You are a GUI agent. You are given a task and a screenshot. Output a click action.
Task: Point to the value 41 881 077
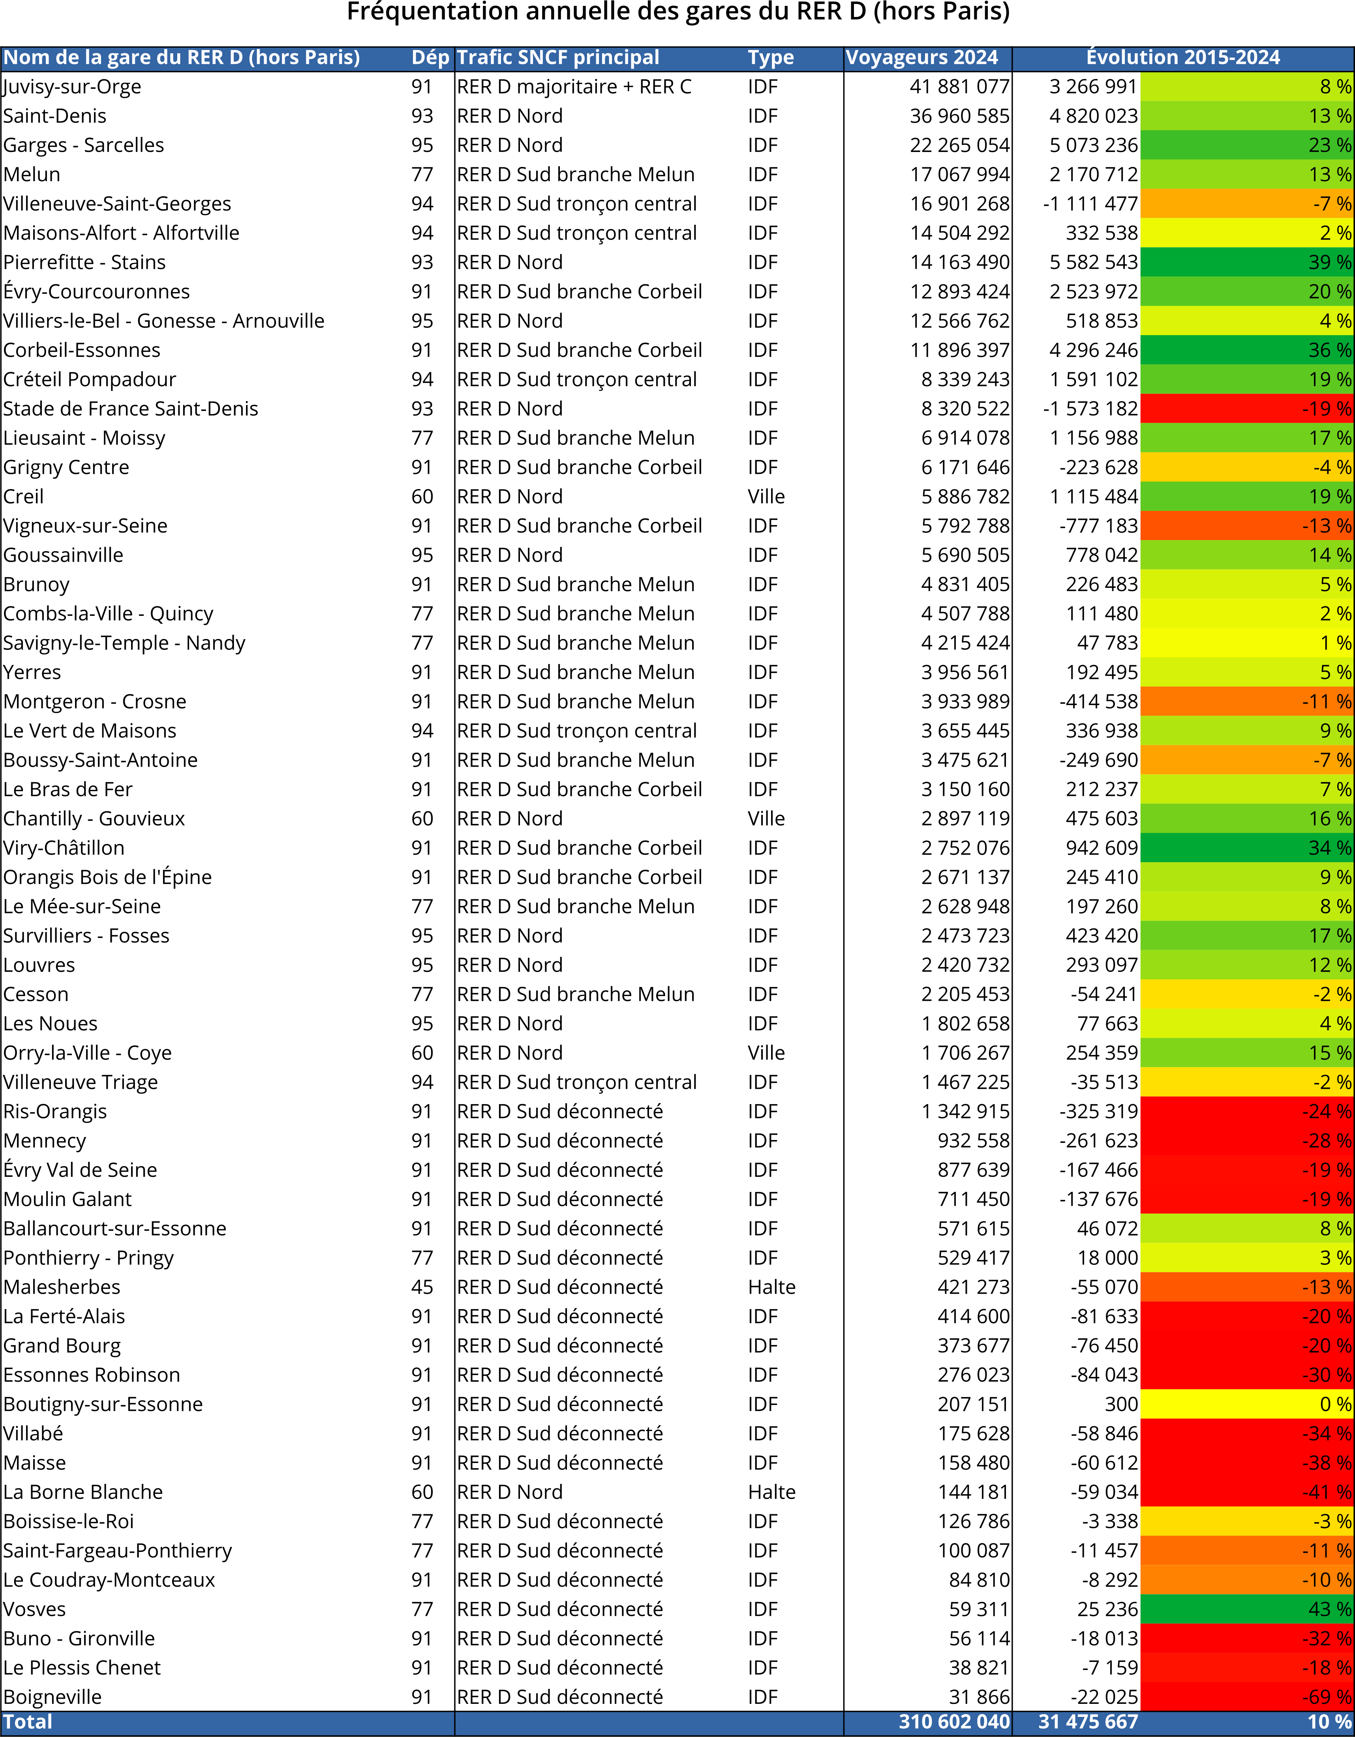960,87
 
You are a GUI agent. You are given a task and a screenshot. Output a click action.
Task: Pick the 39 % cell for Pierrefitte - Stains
1247,263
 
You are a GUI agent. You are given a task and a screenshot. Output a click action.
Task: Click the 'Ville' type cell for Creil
766,496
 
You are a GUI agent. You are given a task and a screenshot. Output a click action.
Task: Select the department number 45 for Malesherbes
422,1287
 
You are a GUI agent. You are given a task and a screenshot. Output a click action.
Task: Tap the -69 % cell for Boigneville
1247,1697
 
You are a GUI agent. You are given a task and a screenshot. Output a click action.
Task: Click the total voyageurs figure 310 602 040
954,1722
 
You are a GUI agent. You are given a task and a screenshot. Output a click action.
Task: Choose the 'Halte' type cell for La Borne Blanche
771,1492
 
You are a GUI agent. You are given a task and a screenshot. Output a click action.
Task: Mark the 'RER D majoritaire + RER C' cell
574,87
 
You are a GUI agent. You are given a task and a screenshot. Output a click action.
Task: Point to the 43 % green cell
1247,1609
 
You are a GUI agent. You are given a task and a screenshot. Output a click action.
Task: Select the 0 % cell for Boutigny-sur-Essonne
1247,1404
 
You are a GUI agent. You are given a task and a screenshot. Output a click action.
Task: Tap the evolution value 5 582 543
1093,263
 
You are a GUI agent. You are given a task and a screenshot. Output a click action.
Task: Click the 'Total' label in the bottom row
28,1722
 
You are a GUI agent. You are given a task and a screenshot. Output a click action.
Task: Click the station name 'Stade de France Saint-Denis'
130,409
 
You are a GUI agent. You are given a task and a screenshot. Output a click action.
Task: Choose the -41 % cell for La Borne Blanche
1247,1492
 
